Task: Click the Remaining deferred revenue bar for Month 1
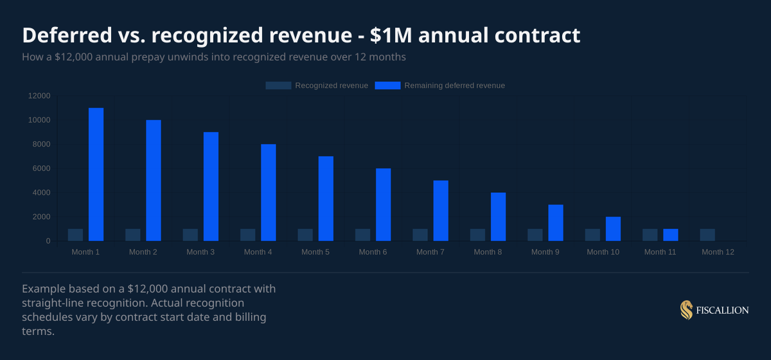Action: point(96,174)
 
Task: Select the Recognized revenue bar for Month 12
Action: point(707,235)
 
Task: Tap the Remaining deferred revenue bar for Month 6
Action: point(384,204)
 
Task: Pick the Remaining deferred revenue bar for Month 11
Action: point(671,235)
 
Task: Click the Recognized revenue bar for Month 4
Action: point(248,235)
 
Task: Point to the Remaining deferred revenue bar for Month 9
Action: point(556,222)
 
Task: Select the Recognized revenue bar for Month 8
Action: point(478,235)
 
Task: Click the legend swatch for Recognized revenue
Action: point(278,85)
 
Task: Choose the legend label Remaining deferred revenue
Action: point(454,85)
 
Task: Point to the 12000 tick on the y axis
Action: point(39,96)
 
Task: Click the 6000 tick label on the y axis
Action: point(41,168)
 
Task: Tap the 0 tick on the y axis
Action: point(48,241)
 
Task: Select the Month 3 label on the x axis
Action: point(200,252)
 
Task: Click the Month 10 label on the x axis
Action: point(603,252)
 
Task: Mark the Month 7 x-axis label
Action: point(430,252)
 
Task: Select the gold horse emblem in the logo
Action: point(686,310)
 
